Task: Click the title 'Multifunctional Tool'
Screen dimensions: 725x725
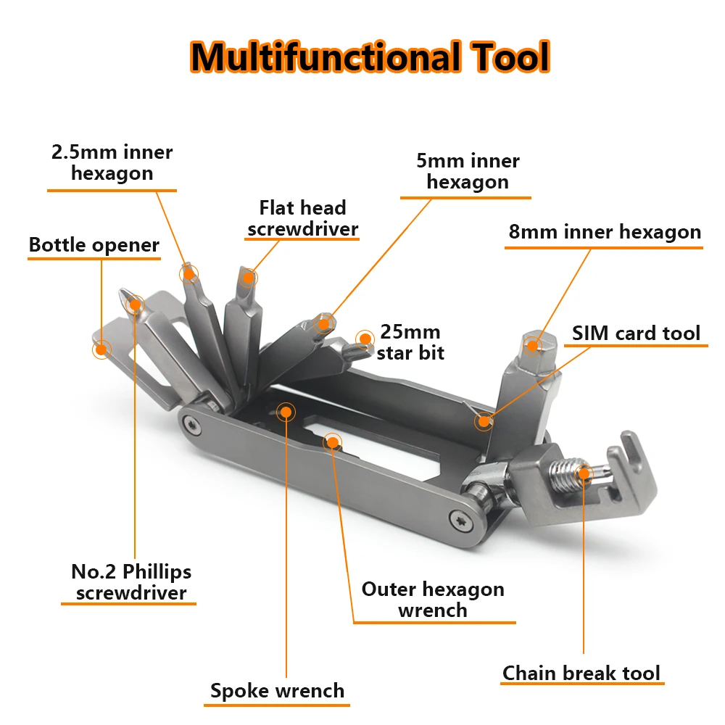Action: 370,56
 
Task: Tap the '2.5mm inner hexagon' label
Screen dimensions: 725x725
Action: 112,163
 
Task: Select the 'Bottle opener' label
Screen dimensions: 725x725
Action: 94,245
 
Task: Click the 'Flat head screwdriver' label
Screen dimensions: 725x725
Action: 303,218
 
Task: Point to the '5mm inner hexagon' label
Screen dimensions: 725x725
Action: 468,171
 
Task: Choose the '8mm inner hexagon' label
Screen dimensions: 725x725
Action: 605,232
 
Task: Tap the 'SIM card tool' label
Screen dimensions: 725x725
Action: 636,333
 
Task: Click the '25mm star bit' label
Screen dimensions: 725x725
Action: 410,342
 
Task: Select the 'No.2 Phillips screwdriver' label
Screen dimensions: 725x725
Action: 131,582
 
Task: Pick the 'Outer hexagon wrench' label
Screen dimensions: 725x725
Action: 433,599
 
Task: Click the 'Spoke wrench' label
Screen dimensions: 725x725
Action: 277,691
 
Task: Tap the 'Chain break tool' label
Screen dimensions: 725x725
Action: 581,673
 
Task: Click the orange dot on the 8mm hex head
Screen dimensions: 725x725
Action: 533,345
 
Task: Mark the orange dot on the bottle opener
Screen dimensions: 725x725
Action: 101,349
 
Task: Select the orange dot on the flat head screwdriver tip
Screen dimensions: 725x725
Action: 249,277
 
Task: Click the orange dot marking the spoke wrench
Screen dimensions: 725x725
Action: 286,412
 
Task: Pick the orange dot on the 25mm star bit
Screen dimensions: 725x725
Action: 364,337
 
